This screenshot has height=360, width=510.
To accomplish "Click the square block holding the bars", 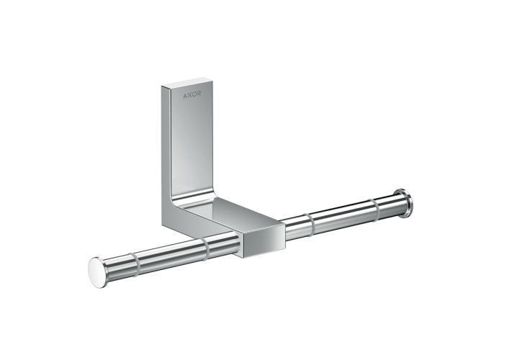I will click(259, 238).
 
